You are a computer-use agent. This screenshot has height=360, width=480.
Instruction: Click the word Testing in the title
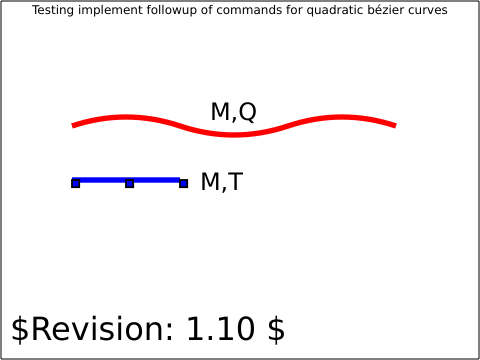click(x=53, y=10)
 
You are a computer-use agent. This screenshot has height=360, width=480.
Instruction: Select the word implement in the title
click(x=110, y=10)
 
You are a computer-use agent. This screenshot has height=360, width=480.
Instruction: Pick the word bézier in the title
click(x=382, y=10)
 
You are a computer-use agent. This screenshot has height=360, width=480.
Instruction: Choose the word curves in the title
click(x=425, y=11)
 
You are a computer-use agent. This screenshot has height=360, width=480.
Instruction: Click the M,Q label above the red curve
click(x=234, y=112)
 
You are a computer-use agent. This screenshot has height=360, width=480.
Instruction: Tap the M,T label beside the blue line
click(x=222, y=182)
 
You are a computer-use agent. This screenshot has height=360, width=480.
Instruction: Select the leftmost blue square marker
click(x=76, y=183)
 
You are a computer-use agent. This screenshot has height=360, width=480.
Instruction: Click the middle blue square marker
click(x=130, y=183)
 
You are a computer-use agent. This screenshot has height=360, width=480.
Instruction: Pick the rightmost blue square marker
click(x=183, y=183)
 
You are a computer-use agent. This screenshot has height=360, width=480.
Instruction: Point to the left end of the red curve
click(x=73, y=126)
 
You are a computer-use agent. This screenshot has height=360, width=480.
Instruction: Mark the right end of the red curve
click(x=395, y=126)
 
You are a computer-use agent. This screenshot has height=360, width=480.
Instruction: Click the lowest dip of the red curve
click(x=234, y=135)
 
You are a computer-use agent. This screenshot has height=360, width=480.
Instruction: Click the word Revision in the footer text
click(x=102, y=329)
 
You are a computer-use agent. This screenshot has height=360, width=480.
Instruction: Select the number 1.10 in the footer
click(x=221, y=329)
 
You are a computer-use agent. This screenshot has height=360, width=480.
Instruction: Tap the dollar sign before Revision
click(x=20, y=329)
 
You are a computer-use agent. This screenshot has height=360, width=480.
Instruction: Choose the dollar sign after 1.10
click(x=276, y=329)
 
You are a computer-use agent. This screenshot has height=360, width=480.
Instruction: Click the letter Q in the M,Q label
click(x=248, y=112)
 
